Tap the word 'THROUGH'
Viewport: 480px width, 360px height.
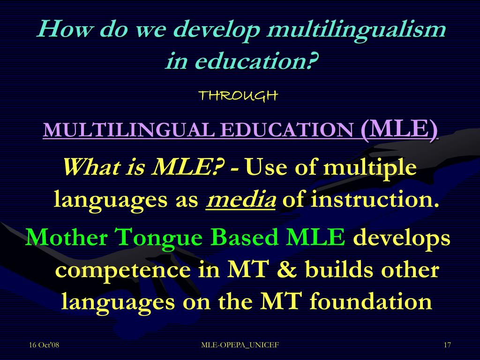pos(239,96)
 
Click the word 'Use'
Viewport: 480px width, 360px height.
pos(266,167)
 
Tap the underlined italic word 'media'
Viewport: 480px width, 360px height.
pos(241,200)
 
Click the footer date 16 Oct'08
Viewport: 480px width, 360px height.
pos(44,345)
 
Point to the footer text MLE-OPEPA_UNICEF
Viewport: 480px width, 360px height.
pos(240,345)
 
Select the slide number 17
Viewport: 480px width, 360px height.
pos(447,345)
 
